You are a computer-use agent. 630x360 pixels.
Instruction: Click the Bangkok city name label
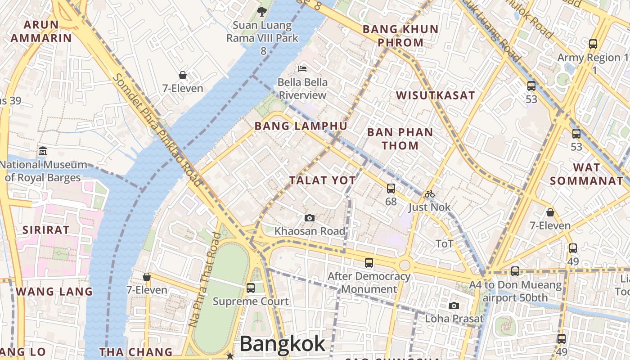pos(282,344)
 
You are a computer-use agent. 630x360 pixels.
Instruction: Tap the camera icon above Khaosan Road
pos(310,218)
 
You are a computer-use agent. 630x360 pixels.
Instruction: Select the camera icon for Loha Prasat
pos(454,306)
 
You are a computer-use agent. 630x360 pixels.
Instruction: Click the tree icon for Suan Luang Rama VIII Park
pos(261,11)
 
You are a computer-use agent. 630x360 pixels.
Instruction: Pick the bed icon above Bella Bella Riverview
pos(302,69)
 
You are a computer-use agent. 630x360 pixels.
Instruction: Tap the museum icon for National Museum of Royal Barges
pos(43,150)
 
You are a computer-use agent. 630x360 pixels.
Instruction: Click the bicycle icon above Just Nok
pos(430,194)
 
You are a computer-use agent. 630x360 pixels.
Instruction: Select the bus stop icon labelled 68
pos(391,188)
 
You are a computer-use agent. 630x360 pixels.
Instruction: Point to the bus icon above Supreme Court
pos(251,288)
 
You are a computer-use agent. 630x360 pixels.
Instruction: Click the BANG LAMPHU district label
pos(301,126)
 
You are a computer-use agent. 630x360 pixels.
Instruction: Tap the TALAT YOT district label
pos(322,180)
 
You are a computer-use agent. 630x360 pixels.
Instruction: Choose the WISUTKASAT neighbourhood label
pos(435,95)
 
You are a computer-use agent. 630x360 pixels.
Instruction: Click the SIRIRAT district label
pos(46,230)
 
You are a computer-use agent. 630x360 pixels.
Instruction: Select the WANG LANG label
pos(54,292)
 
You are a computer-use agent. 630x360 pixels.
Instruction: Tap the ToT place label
pos(444,244)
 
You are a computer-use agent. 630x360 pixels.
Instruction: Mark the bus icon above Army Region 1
pos(593,44)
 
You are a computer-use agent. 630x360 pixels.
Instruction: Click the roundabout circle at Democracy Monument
pos(405,265)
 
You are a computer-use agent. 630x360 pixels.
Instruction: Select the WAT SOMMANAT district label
pos(586,174)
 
